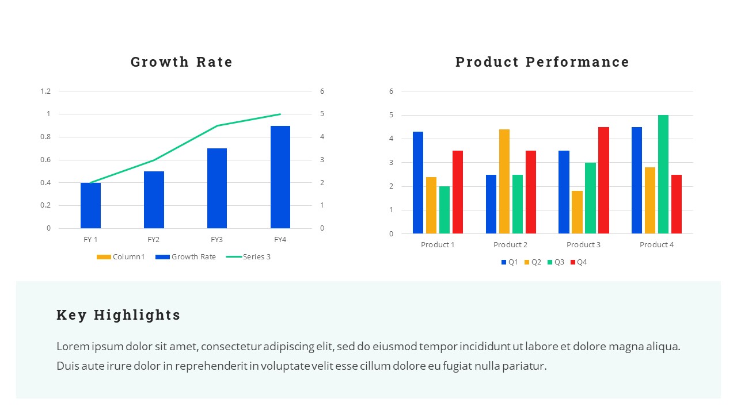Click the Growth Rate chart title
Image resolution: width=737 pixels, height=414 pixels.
click(x=181, y=62)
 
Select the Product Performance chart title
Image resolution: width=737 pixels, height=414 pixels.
click(x=542, y=62)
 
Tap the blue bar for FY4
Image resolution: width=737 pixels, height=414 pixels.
click(x=280, y=177)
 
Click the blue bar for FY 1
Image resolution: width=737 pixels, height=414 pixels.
click(x=90, y=205)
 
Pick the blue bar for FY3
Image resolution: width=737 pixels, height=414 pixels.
click(x=217, y=189)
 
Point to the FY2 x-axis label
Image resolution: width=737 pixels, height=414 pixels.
click(x=153, y=240)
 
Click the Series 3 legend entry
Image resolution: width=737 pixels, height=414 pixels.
click(x=249, y=257)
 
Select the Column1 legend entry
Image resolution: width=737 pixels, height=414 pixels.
click(x=121, y=257)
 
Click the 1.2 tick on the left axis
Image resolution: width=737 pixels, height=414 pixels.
click(x=45, y=91)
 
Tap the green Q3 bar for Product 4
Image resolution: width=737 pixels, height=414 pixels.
click(x=663, y=174)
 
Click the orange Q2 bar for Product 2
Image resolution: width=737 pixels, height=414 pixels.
click(x=504, y=181)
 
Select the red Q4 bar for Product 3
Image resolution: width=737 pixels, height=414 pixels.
click(x=603, y=180)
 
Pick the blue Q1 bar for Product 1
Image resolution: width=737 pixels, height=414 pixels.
click(x=418, y=182)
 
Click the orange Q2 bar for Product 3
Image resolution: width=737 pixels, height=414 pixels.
click(x=577, y=212)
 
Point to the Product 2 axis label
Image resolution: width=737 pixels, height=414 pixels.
click(x=511, y=245)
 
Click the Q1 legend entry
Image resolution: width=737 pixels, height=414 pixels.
click(x=510, y=262)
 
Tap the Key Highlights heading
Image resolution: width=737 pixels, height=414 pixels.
click(x=119, y=315)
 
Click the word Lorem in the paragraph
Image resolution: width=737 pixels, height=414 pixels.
click(x=72, y=347)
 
